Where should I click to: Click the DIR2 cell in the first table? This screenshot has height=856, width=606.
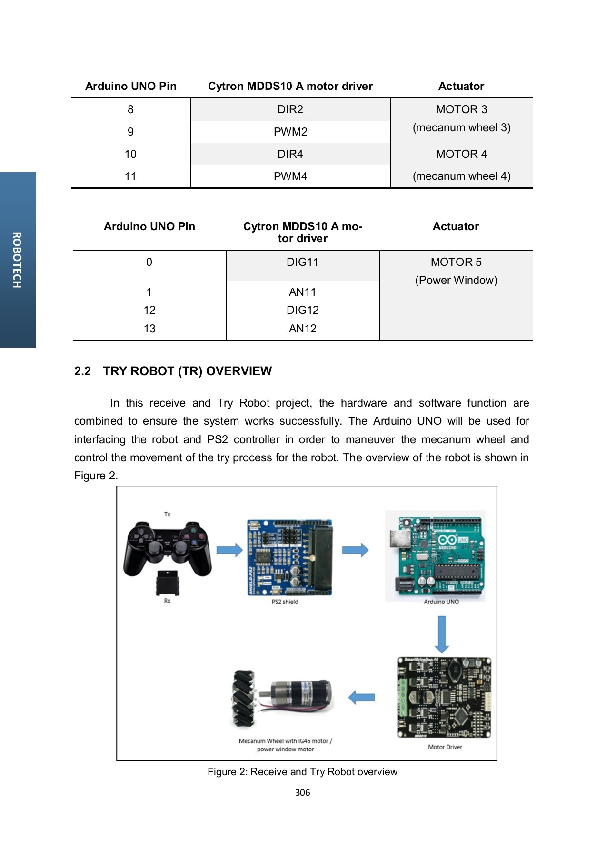290,109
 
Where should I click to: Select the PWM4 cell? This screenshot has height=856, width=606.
290,176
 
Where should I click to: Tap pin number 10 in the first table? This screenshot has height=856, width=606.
130,154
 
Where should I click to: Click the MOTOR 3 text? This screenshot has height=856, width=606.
461,109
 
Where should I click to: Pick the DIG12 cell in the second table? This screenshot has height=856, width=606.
302,310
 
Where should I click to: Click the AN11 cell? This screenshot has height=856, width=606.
302,292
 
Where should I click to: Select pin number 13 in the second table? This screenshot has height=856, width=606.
149,329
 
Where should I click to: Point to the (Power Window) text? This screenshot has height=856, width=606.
456,280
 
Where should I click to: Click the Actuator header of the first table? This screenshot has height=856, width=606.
461,86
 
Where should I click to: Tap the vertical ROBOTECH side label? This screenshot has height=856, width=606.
17,260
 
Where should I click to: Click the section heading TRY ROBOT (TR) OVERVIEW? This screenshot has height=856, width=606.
187,371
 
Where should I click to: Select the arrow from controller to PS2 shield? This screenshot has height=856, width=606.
229,550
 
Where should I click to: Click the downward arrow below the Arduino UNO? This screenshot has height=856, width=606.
442,634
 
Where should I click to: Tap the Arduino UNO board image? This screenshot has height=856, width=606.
435,555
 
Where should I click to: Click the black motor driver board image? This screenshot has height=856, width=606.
444,697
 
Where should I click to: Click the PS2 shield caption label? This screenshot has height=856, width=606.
285,602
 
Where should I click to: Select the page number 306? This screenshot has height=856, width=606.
302,792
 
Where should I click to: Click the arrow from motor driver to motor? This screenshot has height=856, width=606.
362,698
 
